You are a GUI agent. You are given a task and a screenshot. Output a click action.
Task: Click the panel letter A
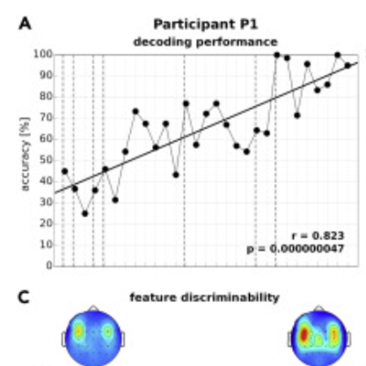click(x=25, y=24)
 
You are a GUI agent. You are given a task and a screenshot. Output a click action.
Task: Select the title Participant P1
click(x=205, y=25)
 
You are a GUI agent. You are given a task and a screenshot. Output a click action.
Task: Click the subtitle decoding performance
click(x=205, y=42)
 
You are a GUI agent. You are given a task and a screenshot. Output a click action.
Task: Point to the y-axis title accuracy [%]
click(x=25, y=160)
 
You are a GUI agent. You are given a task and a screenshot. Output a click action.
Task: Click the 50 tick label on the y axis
click(x=45, y=160)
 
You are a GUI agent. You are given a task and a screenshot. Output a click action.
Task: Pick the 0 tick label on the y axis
click(x=49, y=266)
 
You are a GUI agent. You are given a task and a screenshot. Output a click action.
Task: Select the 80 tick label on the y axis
click(x=45, y=97)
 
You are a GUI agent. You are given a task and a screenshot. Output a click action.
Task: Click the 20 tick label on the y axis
click(x=45, y=224)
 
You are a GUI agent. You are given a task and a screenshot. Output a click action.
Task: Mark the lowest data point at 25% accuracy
click(x=85, y=213)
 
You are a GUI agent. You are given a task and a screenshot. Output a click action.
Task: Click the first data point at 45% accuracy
click(x=64, y=171)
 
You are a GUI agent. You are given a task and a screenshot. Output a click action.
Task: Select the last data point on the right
click(x=347, y=65)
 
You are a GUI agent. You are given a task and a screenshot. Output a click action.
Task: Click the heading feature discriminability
click(x=204, y=298)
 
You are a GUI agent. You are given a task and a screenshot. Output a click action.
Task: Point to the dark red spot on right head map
click(x=304, y=335)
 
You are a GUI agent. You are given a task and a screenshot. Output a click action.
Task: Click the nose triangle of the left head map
click(x=93, y=308)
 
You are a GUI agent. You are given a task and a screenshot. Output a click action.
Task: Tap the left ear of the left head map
click(x=64, y=339)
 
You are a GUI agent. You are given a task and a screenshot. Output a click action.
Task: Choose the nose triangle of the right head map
click(x=319, y=308)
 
